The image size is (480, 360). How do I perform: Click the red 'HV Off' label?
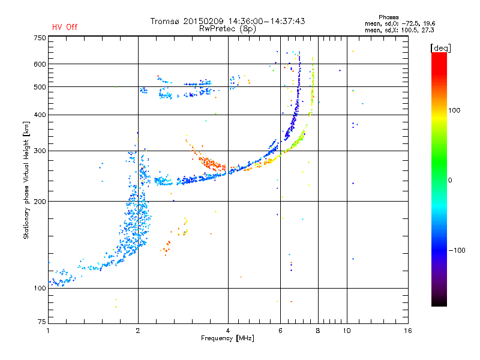(64, 27)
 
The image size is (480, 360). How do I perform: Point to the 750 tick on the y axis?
(40, 38)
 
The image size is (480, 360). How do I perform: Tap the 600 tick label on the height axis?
(40, 64)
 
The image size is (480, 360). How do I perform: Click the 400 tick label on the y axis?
(40, 115)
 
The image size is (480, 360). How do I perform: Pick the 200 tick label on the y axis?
(40, 202)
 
